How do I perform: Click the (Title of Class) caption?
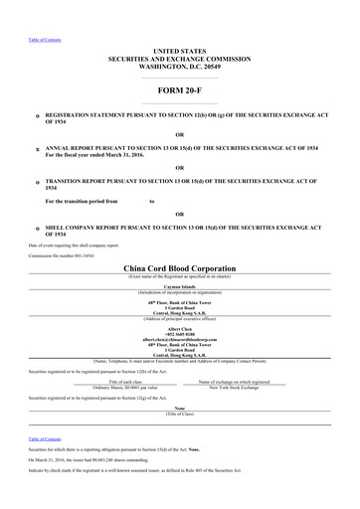click(179, 413)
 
